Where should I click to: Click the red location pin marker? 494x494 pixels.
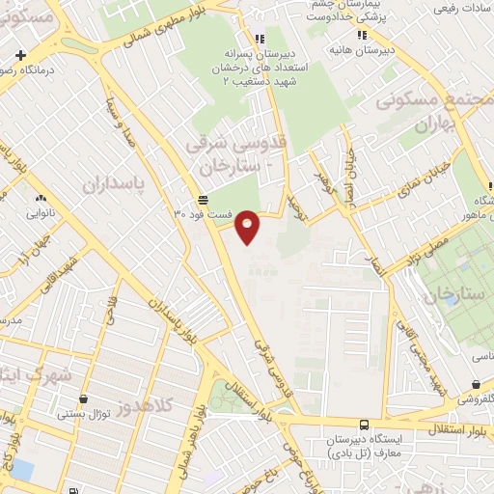click(x=248, y=225)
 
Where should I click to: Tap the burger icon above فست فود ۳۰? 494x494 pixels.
click(x=203, y=201)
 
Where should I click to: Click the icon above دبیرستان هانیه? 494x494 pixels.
click(x=362, y=35)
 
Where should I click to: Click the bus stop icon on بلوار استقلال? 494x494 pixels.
click(x=363, y=425)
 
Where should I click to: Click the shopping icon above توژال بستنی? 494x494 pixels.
click(x=84, y=399)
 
